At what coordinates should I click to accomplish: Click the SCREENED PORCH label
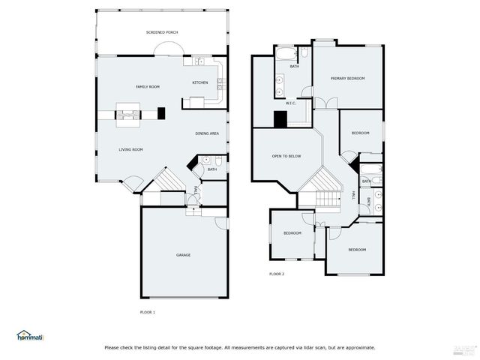[162, 33]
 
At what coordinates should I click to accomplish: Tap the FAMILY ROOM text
[148, 87]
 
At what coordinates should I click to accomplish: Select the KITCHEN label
[200, 82]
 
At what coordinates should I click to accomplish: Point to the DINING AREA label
[207, 133]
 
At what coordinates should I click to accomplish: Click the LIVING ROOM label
[130, 149]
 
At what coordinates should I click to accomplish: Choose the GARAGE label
[183, 255]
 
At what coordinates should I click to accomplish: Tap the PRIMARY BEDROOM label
[349, 78]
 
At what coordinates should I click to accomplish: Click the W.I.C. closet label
[291, 103]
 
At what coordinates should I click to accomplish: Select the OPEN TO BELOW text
[286, 156]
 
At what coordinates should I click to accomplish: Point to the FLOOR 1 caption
[148, 311]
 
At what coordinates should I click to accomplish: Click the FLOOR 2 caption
[277, 274]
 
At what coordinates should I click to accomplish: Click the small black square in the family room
[162, 113]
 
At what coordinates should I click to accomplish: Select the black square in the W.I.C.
[280, 118]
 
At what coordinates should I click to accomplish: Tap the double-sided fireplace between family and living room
[127, 115]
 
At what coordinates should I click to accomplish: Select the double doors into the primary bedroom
[320, 103]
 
